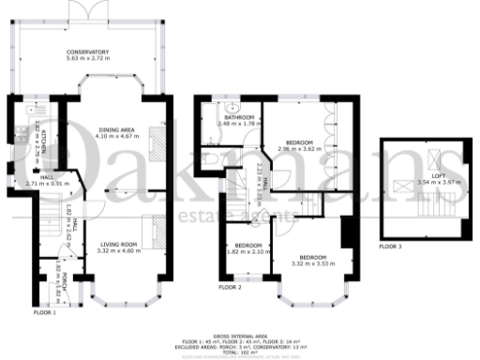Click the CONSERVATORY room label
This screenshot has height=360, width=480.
coord(87,51)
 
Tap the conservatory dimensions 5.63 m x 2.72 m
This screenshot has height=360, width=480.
coord(87,58)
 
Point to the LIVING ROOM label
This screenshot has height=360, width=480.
coord(119,244)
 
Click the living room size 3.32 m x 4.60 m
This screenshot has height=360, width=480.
coord(119,251)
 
